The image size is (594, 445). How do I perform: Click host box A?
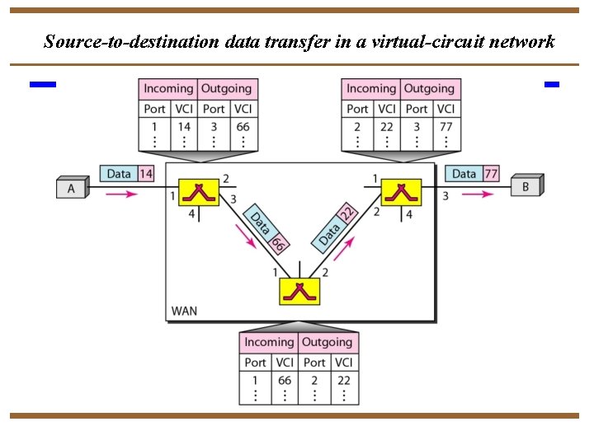tap(71, 189)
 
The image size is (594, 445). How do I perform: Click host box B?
tap(526, 186)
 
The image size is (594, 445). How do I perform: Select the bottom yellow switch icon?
tap(300, 292)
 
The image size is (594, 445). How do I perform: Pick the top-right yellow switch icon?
tap(402, 192)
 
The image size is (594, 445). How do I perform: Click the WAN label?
tap(184, 311)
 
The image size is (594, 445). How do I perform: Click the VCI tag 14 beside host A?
tap(146, 174)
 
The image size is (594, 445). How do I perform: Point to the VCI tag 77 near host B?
tap(491, 174)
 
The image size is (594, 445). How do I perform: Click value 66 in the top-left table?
tap(243, 127)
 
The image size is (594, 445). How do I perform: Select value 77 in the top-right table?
tap(445, 127)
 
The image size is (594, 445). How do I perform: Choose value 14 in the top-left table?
tap(183, 127)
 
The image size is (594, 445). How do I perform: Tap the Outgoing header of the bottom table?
tap(327, 342)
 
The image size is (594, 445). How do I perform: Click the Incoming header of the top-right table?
tap(370, 88)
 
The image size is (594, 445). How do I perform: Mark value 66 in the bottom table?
tap(285, 381)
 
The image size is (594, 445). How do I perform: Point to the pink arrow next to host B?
tap(478, 194)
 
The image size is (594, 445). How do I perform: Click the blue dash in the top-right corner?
tap(552, 84)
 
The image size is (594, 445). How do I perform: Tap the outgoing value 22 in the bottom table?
tap(344, 381)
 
